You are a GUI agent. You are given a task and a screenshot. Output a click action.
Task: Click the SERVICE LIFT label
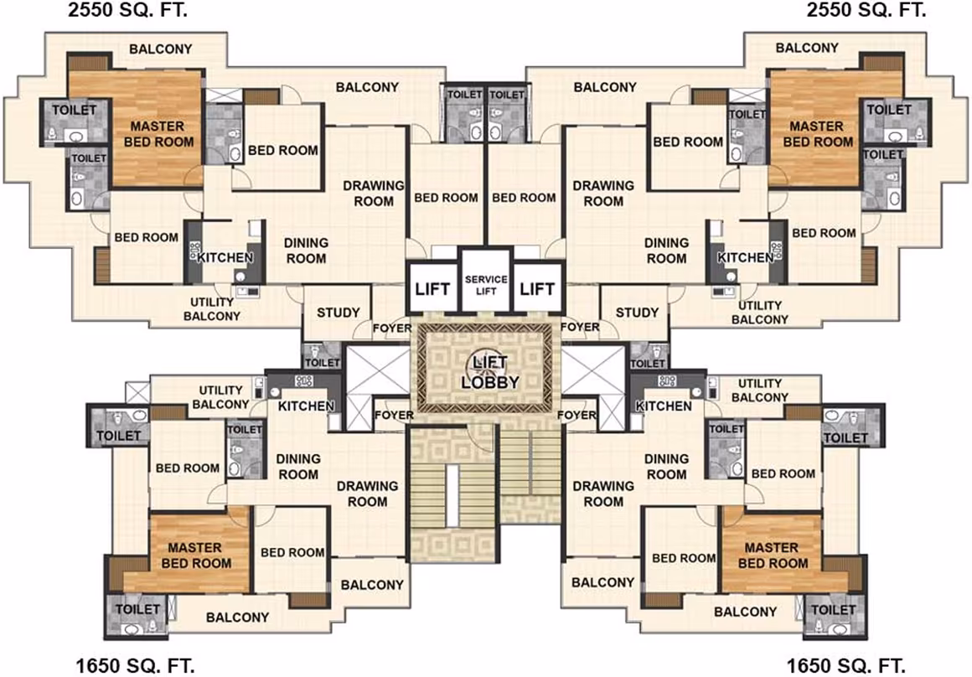point(486,285)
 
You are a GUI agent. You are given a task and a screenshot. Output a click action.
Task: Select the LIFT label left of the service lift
point(432,289)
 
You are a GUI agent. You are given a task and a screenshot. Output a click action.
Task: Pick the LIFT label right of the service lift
point(537,289)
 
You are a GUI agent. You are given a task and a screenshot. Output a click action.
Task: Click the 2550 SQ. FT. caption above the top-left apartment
point(127,10)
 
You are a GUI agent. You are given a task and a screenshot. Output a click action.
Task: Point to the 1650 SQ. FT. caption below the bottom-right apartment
point(846,666)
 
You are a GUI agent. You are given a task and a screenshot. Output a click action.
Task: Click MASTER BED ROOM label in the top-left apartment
point(158,134)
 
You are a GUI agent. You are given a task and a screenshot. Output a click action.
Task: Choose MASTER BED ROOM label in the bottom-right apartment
point(773,556)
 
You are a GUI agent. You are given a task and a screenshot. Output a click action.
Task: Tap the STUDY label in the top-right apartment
point(637,313)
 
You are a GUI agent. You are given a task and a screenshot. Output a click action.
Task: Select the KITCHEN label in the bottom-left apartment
point(306,406)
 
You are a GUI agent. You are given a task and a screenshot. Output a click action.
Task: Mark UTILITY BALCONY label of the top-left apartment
point(212,309)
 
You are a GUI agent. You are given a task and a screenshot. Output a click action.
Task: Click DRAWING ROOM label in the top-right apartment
point(603,194)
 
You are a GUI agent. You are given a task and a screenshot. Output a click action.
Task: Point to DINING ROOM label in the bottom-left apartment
point(298,467)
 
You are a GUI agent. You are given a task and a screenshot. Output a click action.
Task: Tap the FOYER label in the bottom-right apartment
point(576,415)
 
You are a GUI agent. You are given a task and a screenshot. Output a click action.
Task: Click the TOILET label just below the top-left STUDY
point(323,363)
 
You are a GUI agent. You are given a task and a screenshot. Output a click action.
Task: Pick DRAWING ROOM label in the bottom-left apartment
point(367,494)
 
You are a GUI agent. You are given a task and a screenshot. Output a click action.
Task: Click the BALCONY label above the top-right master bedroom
point(807,48)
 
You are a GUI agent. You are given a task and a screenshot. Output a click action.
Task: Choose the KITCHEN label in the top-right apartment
point(746,257)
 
